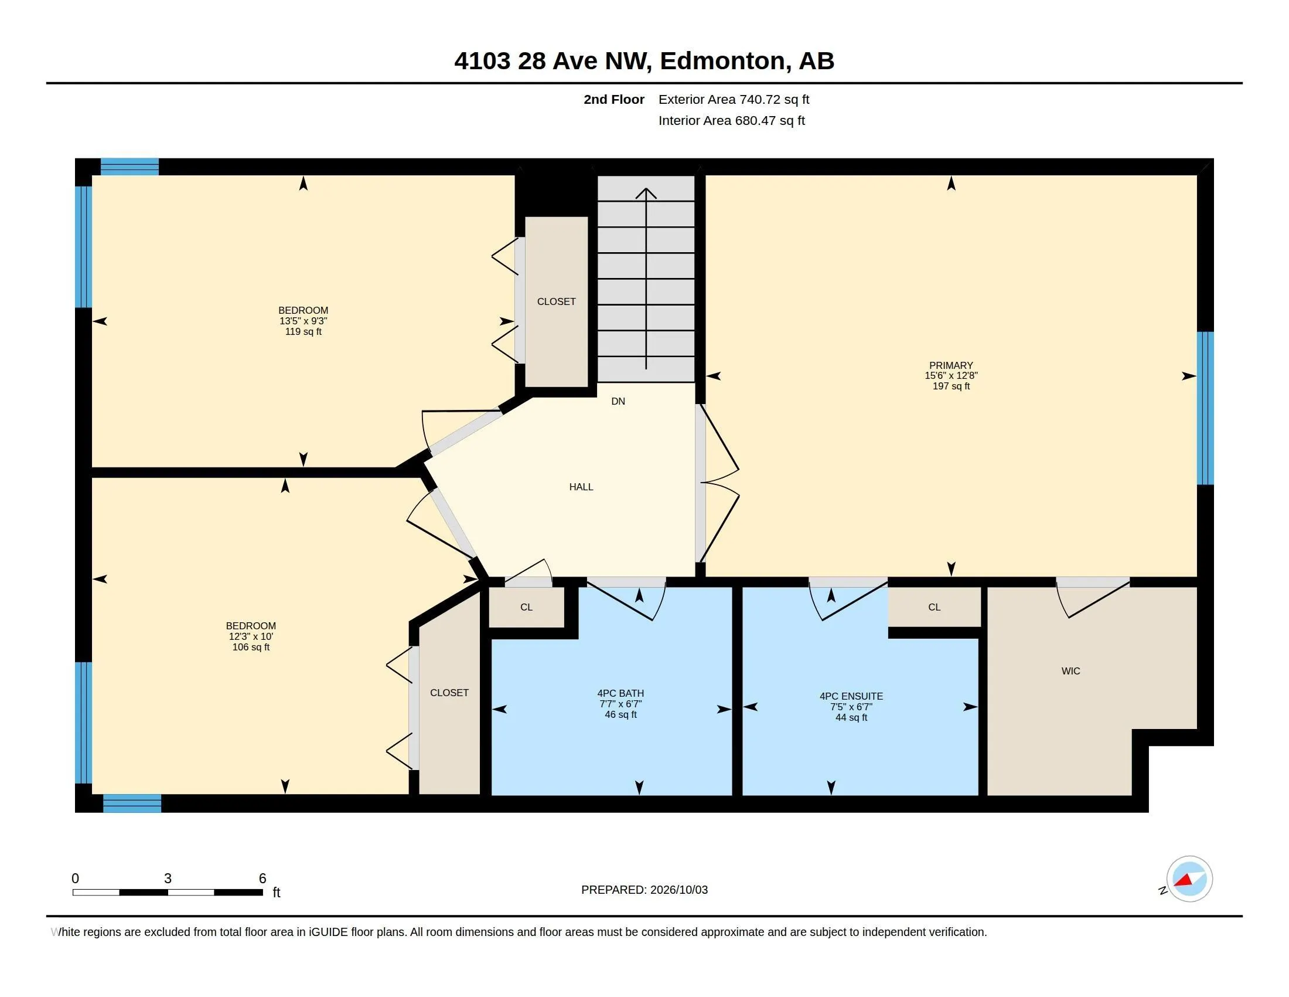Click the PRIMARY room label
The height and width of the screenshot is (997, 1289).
(951, 365)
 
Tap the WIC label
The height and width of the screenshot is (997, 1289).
(1070, 671)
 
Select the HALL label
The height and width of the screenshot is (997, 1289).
(581, 487)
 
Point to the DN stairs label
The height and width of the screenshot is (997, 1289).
(618, 401)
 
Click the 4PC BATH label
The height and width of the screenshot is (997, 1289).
(620, 693)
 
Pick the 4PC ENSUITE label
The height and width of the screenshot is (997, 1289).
(851, 696)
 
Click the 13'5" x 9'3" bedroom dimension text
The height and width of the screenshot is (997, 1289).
(304, 321)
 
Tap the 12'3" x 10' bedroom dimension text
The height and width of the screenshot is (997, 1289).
(251, 637)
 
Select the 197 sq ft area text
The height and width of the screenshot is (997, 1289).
(951, 386)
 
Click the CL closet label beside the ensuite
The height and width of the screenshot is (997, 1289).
(934, 607)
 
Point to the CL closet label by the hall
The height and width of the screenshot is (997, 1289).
(527, 607)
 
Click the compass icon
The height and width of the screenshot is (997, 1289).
(1189, 879)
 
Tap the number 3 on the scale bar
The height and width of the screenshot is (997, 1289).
(168, 879)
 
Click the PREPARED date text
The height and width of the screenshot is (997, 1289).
(644, 890)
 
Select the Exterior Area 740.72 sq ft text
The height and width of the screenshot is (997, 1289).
(734, 99)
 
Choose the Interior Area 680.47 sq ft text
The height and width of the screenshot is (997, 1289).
(731, 120)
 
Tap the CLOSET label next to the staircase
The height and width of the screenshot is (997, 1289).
(556, 301)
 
